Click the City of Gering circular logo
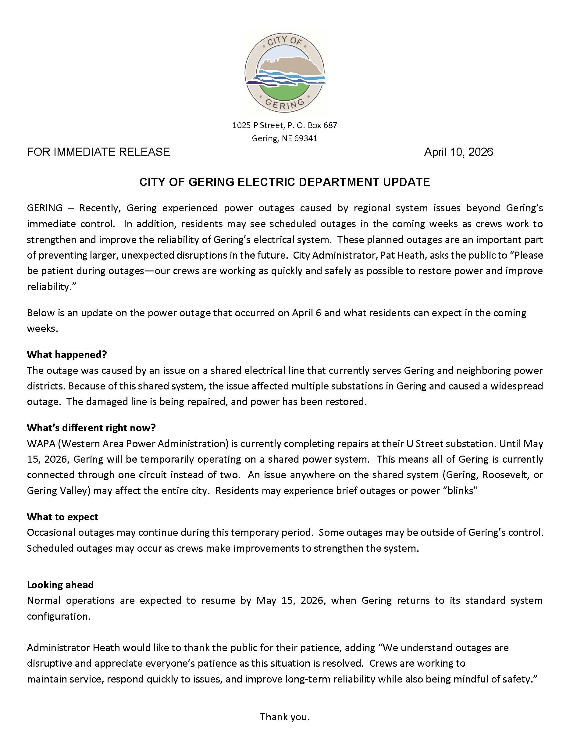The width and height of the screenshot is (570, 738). coord(285,73)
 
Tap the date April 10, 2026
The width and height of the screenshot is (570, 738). coord(458,152)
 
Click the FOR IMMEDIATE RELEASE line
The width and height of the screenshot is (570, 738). coord(98,152)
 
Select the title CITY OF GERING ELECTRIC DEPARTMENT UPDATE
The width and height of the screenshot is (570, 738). coord(285,182)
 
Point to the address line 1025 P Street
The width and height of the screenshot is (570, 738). coord(285,125)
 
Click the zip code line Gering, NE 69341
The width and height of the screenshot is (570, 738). coord(285,138)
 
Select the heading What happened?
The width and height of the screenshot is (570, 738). coord(67,354)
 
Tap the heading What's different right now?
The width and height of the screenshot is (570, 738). coord(91,428)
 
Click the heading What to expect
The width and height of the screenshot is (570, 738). coord(62,517)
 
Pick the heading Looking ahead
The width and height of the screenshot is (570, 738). coord(60,585)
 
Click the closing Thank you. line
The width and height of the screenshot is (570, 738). coord(285,717)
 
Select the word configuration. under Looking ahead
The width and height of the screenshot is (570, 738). coord(59,616)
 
